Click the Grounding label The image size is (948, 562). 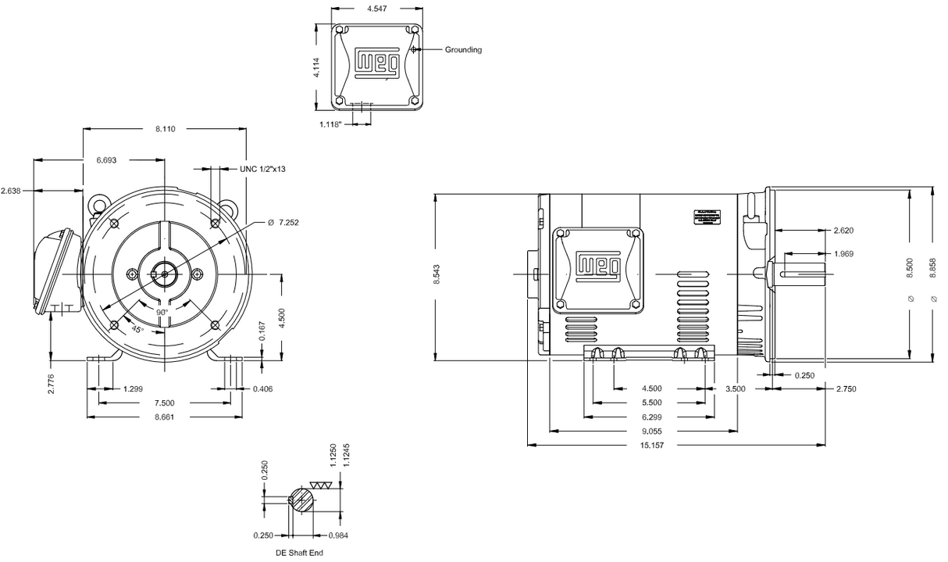(x=463, y=50)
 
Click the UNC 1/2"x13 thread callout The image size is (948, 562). (x=262, y=168)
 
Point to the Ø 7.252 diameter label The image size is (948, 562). (x=283, y=223)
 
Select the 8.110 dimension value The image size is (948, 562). (x=165, y=129)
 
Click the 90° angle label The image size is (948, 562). (x=162, y=312)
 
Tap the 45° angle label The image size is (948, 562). (x=137, y=329)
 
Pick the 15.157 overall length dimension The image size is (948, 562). (x=654, y=446)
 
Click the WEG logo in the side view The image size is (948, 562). (x=597, y=266)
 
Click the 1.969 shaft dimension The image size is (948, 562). (x=843, y=254)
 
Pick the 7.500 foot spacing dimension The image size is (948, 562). (x=165, y=403)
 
